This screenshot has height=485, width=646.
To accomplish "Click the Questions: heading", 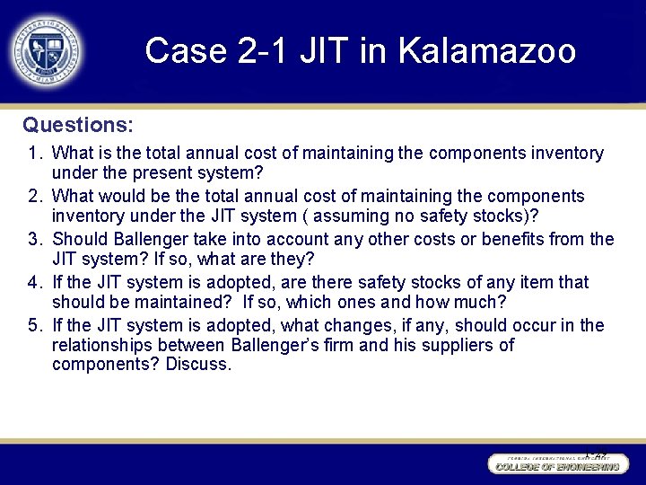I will [78, 124].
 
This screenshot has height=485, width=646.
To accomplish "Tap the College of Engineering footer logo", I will [557, 464].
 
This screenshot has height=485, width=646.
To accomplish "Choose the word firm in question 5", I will [318, 346].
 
